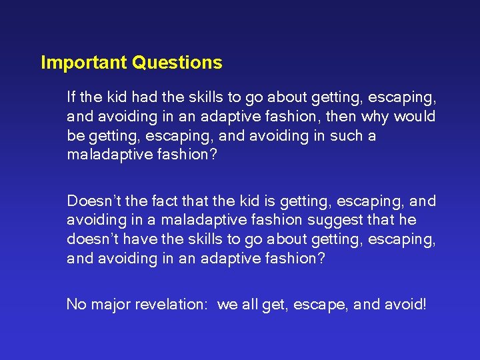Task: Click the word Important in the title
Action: tap(85, 63)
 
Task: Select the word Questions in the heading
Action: tap(177, 63)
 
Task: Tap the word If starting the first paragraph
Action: tap(71, 97)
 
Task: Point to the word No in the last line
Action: tap(75, 305)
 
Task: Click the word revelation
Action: tap(171, 305)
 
